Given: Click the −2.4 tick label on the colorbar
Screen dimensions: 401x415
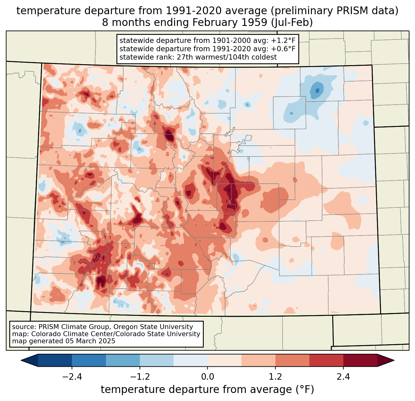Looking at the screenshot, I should pyautogui.click(x=72, y=377).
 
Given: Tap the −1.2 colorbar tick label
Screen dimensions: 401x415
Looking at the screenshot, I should pyautogui.click(x=140, y=377).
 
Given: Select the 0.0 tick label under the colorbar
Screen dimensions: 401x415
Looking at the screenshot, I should pyautogui.click(x=207, y=377).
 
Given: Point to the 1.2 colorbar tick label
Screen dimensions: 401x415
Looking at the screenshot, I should pyautogui.click(x=275, y=377).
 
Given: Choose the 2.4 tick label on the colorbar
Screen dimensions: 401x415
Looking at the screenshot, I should pyautogui.click(x=343, y=377).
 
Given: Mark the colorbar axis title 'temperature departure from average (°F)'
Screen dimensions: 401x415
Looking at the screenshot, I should pyautogui.click(x=207, y=390).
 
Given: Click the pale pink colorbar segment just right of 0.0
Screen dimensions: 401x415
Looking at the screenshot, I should pyautogui.click(x=224, y=360).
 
